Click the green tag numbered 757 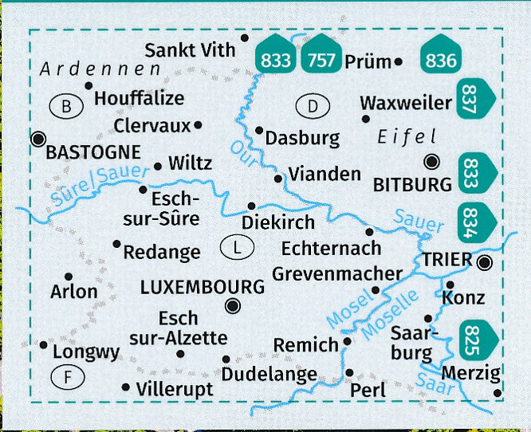click(322, 56)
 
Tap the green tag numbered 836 click(442, 56)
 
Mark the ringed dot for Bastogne click(37, 139)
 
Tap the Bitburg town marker click(431, 162)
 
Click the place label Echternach click(331, 249)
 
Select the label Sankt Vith click(191, 50)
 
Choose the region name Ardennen click(100, 70)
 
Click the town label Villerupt click(174, 390)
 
